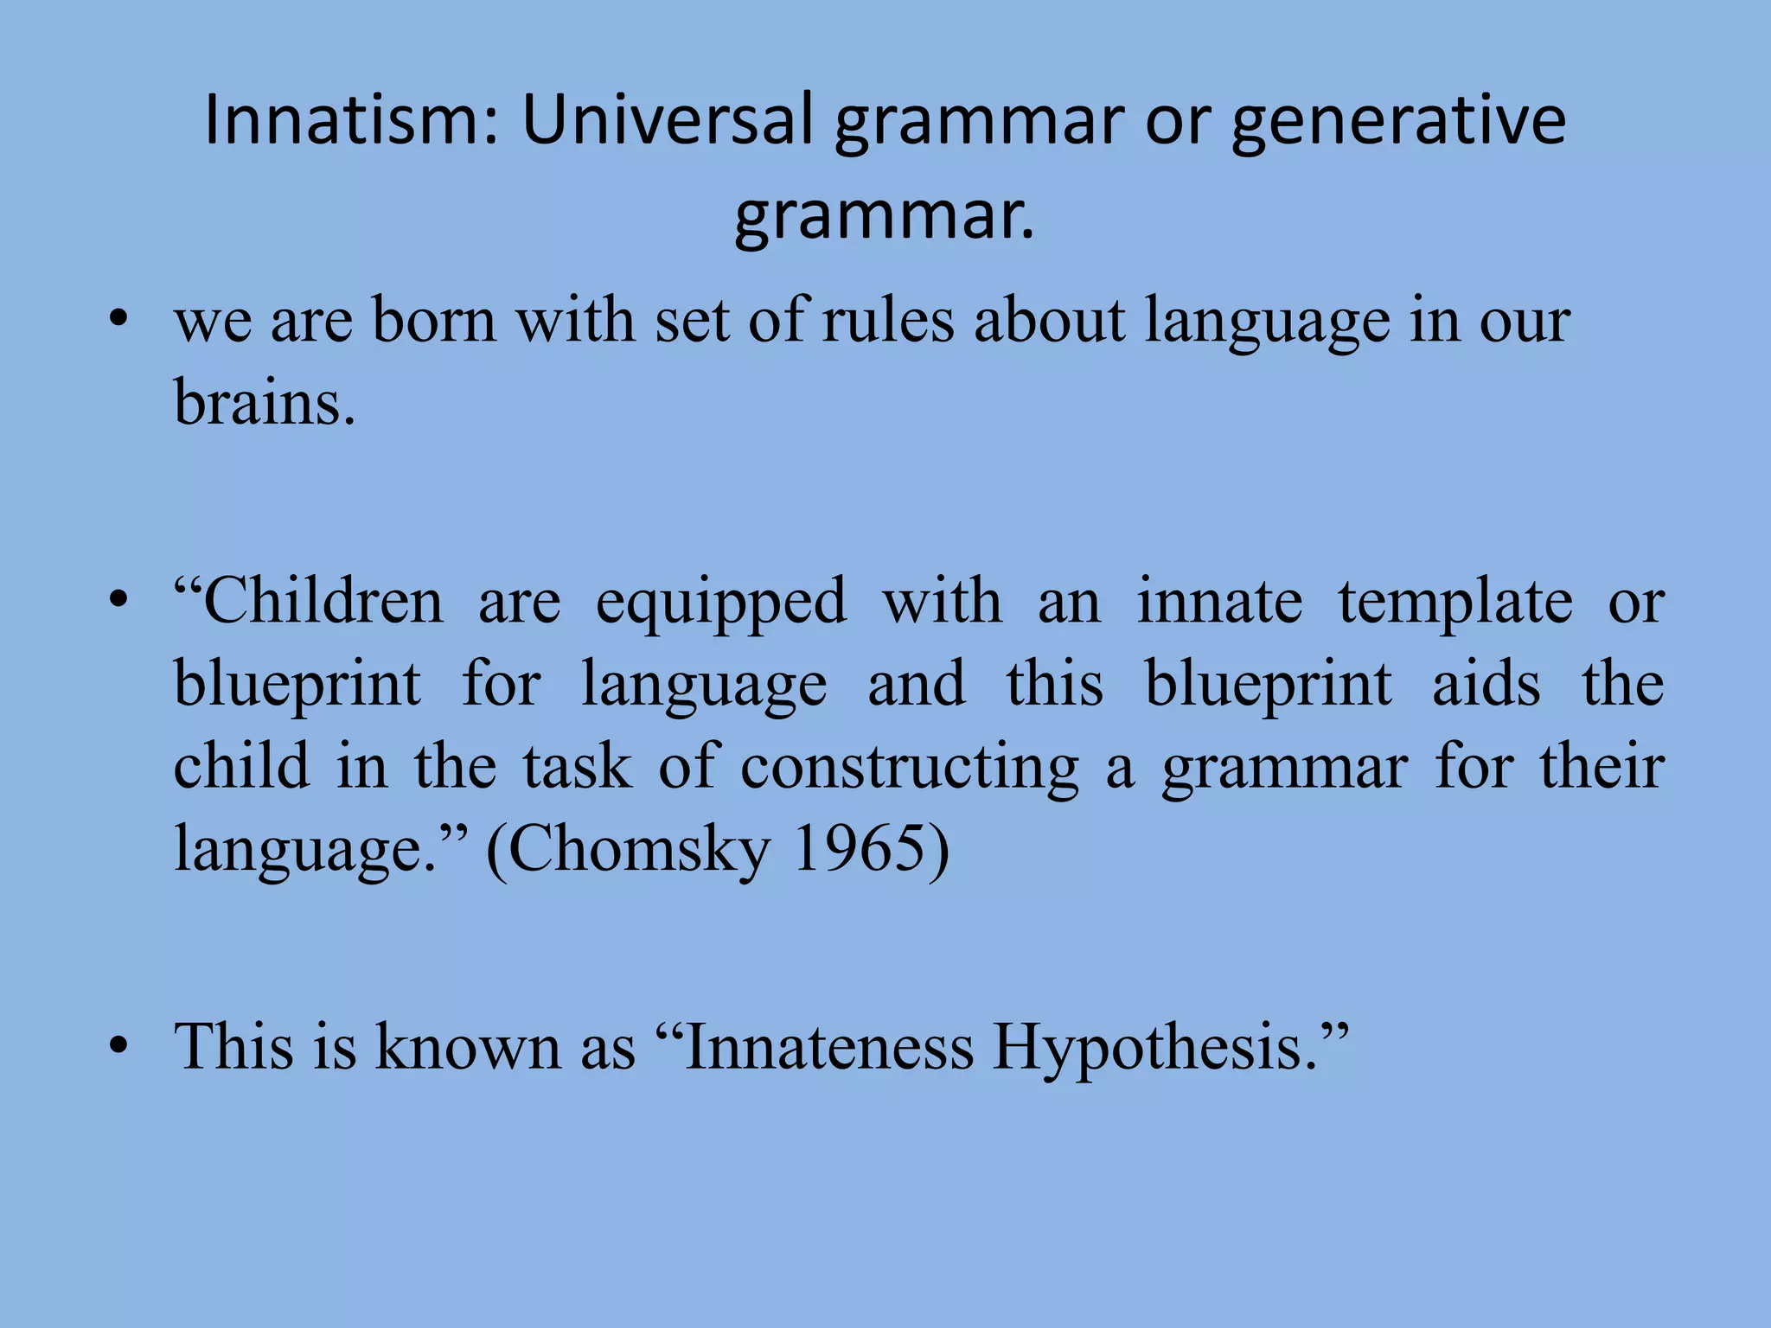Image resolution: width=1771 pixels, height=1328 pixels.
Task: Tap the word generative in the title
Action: pyautogui.click(x=1398, y=121)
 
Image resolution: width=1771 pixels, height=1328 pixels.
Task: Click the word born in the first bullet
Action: pyautogui.click(x=434, y=321)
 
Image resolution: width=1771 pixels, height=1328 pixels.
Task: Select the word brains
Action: pyautogui.click(x=264, y=403)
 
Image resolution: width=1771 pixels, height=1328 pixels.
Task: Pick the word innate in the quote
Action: pyautogui.click(x=1219, y=601)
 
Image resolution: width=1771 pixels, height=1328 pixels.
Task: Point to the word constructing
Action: pyautogui.click(x=909, y=768)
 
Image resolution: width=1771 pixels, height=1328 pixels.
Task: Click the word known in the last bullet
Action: pyautogui.click(x=468, y=1047)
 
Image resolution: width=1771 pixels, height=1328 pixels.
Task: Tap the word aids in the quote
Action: pyautogui.click(x=1486, y=684)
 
